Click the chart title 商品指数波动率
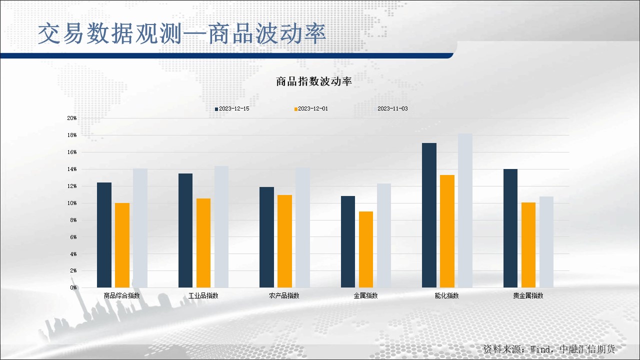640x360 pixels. click(314, 82)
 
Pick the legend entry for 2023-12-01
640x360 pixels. click(312, 108)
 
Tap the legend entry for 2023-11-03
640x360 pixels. click(392, 108)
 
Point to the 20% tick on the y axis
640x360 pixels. click(72, 118)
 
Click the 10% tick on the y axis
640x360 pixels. click(72, 203)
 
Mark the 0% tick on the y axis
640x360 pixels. click(73, 287)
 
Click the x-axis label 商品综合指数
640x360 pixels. click(122, 295)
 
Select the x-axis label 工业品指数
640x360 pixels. click(203, 295)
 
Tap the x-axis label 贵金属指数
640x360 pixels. click(528, 295)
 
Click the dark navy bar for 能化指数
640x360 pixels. click(429, 215)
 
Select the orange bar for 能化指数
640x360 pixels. click(447, 231)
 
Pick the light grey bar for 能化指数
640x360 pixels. click(465, 210)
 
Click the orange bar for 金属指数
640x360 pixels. click(366, 249)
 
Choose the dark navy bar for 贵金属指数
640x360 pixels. click(510, 228)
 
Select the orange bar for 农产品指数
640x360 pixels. click(284, 241)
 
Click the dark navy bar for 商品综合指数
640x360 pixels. click(104, 235)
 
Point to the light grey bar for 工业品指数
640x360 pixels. click(221, 226)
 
